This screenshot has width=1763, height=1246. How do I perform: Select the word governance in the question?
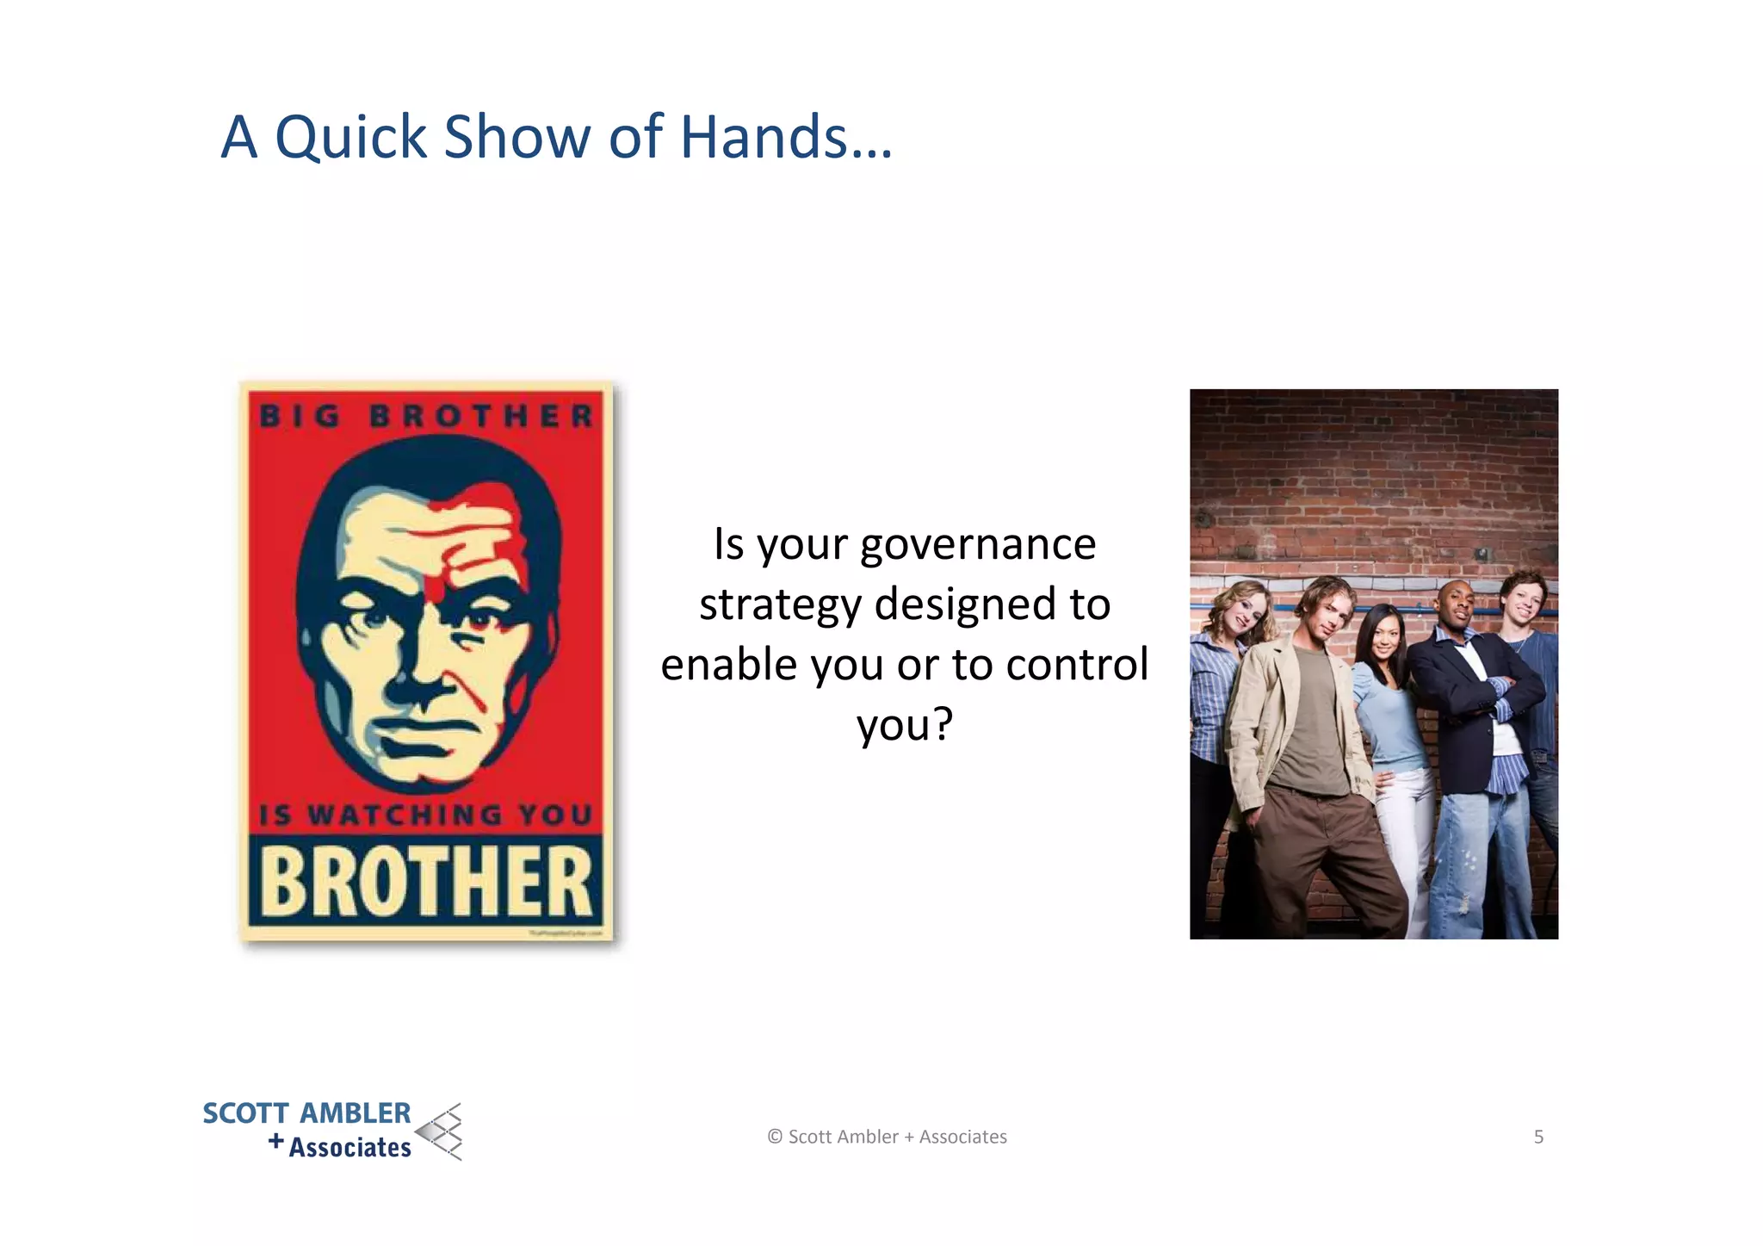pos(977,545)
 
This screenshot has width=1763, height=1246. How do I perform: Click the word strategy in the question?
pos(780,605)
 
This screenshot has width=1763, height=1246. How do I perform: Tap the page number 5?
pos(1538,1137)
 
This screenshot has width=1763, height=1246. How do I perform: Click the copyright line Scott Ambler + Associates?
pos(888,1137)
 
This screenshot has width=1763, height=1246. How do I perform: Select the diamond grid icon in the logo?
pos(441,1131)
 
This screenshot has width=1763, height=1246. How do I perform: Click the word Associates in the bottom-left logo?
pos(350,1148)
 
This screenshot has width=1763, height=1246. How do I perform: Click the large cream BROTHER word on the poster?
pos(425,882)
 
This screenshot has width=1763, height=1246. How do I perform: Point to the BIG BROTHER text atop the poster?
pos(426,416)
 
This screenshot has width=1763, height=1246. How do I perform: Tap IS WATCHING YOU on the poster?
pos(426,814)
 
